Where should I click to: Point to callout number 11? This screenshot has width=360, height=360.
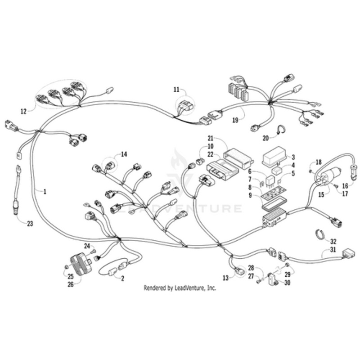coord(176,90)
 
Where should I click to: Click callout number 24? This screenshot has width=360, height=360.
coord(87,246)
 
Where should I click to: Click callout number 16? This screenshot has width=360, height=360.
coord(345,184)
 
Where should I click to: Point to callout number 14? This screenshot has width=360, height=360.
coord(124,154)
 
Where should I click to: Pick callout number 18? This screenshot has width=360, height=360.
coord(319,162)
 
